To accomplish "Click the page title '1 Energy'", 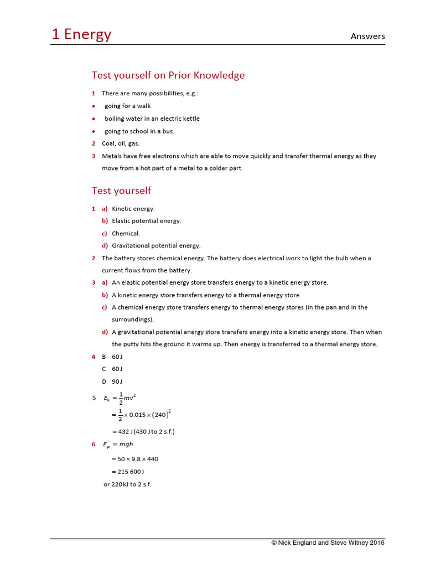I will (81, 34).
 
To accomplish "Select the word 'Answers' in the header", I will (367, 37).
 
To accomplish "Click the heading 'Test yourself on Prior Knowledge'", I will (168, 75).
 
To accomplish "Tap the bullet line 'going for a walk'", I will (127, 106).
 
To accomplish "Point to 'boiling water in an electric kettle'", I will (152, 118).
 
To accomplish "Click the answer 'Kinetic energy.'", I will (133, 209).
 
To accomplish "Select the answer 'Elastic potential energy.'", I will (147, 221).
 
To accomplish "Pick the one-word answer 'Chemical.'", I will (126, 233).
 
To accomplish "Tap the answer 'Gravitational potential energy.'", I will (156, 245).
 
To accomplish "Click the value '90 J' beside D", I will (117, 382).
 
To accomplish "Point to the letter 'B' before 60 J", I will (103, 357).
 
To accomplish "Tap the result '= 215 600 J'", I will (127, 472).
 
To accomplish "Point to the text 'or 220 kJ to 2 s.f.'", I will (127, 484).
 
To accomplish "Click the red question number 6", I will (94, 444).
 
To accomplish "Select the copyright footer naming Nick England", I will (328, 543).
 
